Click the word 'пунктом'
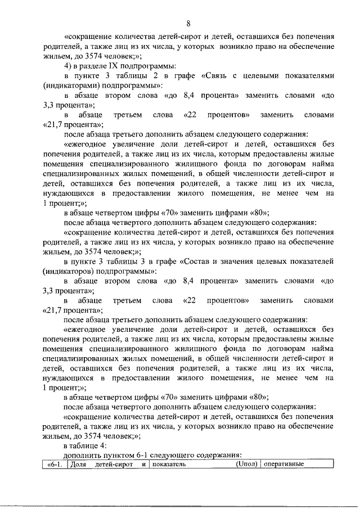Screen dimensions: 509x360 coord(115,455)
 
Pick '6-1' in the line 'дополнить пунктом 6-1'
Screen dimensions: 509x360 coord(138,455)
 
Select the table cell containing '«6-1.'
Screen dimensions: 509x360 coord(55,465)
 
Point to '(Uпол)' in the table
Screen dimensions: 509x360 coord(246,465)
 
